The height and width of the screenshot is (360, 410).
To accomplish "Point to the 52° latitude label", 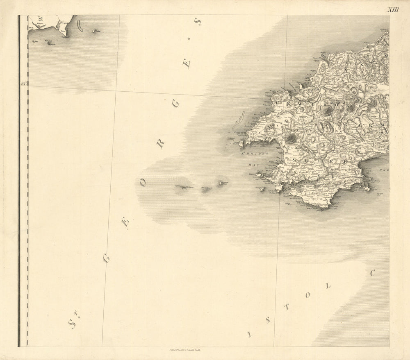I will pos(24,84).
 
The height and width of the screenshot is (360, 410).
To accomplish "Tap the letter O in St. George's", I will pos(143,183).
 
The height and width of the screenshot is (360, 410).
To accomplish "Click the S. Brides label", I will pos(254,154).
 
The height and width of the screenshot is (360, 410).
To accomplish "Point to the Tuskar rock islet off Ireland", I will pos(95,30).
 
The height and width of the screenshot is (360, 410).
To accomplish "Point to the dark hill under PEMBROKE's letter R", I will pos(327,110).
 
